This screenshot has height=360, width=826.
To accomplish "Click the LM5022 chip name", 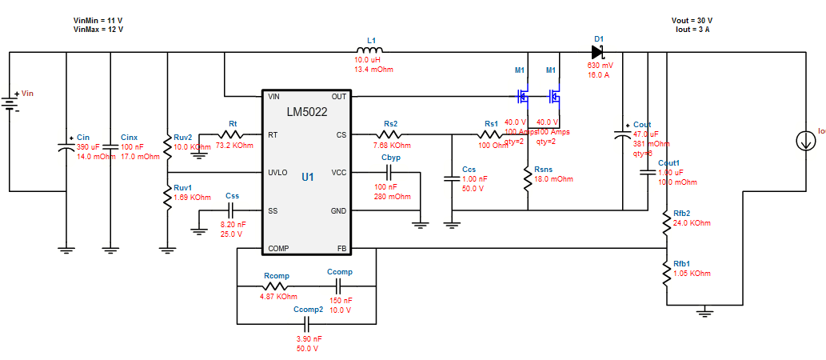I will coord(307,112).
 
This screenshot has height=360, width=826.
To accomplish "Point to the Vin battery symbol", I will coord(10,103).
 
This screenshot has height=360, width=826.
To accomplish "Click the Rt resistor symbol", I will coord(232,134).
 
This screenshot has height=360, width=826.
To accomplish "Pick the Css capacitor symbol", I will coord(230,210).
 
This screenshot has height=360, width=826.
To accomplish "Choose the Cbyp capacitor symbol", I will coord(389,172).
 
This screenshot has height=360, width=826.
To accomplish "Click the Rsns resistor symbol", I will coord(528,179).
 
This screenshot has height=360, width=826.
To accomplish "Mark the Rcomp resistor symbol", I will coord(275,286).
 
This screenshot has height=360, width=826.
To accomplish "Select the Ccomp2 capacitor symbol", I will coord(307,323).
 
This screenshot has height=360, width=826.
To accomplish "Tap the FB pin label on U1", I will coord(341,249).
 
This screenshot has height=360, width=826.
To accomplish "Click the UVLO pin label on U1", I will coord(277,173).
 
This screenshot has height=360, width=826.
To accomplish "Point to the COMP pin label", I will coord(279,249).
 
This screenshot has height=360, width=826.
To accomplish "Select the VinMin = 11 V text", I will coord(98,20).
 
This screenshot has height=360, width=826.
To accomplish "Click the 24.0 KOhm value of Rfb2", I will coord(691,222).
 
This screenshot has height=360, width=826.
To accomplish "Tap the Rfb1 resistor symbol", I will coord(666,274).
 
